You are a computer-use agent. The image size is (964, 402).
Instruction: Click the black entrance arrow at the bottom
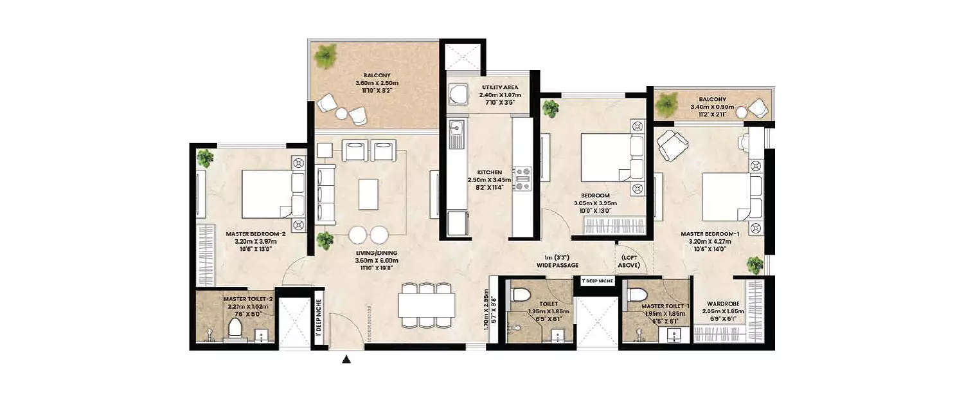pos(346,360)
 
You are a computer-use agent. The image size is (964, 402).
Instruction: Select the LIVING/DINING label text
pos(378,257)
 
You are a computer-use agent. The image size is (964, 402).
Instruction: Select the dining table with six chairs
pos(426,305)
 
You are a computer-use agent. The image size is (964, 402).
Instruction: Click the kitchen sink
pos(456,132)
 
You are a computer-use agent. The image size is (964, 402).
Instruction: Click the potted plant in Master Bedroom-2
pos(206,157)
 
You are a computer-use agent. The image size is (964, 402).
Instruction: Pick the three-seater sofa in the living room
pos(326,194)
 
